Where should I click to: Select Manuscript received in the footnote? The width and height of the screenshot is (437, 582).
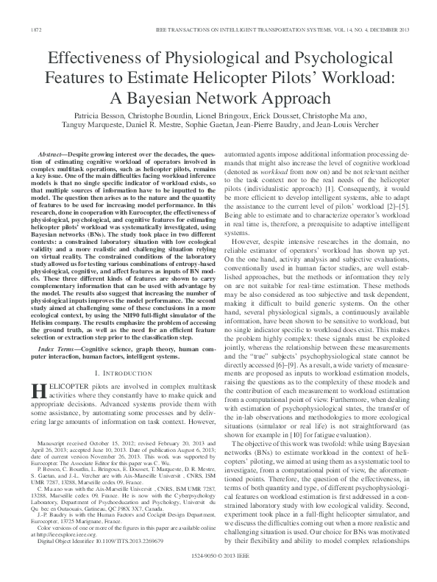(x=67, y=445)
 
